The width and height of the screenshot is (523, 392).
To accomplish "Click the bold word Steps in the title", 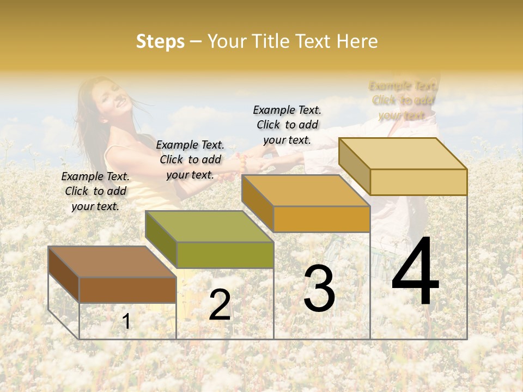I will [160, 41].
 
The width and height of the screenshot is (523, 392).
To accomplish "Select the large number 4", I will [415, 272].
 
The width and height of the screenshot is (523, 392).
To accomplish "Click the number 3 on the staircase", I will [319, 289].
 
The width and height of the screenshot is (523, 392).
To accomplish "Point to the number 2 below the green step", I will [220, 305].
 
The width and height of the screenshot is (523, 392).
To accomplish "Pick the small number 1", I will [126, 322].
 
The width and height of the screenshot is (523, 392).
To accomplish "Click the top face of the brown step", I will [112, 262].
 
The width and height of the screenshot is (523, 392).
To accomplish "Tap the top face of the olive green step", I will [209, 226].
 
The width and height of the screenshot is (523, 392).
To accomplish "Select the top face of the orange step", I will [306, 191].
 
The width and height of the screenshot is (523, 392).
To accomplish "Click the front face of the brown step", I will [127, 290].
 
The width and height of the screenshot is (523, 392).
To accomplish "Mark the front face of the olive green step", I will [225, 255].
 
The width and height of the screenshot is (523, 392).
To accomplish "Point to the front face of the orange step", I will [321, 219].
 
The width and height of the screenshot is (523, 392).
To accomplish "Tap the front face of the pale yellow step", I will [418, 182].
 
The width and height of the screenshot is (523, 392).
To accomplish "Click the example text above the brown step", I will [95, 192].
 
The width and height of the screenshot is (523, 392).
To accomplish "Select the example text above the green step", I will [190, 160].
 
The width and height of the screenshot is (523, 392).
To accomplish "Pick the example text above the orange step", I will [287, 125].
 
